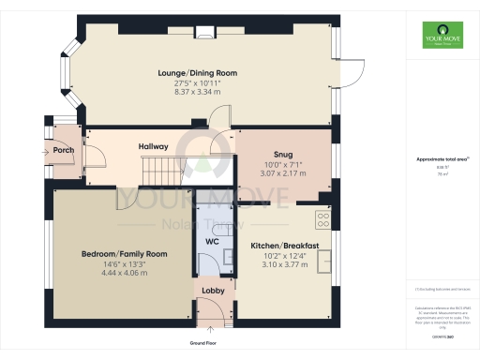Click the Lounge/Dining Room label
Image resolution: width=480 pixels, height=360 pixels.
coord(197,72)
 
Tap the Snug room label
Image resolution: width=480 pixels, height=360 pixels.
coord(283,155)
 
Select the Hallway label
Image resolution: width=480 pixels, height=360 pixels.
coord(154,146)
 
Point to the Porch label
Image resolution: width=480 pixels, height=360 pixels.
coord(64,150)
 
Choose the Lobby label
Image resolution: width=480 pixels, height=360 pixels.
coord(213,291)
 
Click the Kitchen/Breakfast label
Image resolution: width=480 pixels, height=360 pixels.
coord(285,246)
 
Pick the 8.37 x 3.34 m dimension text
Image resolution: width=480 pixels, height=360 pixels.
coord(197,93)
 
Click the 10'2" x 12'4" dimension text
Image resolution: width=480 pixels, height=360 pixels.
coord(285,256)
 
